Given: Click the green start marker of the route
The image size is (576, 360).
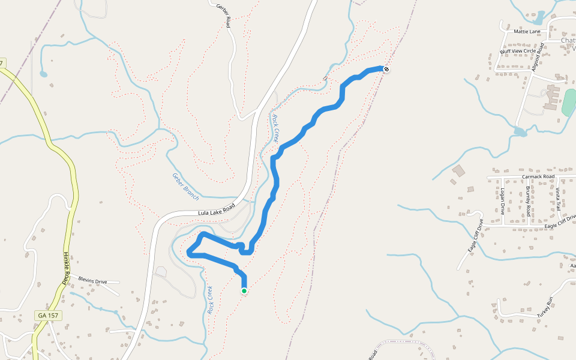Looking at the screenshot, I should [244, 291].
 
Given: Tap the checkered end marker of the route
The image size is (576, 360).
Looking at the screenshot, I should [387, 70].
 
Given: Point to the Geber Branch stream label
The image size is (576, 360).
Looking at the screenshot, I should [185, 186].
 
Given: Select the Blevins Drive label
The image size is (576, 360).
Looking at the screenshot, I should [92, 280].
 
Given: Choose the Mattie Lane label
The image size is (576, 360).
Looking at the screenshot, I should [527, 31].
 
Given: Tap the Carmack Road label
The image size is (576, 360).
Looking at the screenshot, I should [538, 177].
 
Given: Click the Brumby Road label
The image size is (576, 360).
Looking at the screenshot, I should [528, 201].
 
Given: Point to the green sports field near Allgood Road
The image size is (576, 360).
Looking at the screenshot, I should [568, 103].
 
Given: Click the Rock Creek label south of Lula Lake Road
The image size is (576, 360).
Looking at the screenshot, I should [211, 301].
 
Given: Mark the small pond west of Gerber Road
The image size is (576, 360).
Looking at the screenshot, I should [43, 74].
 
